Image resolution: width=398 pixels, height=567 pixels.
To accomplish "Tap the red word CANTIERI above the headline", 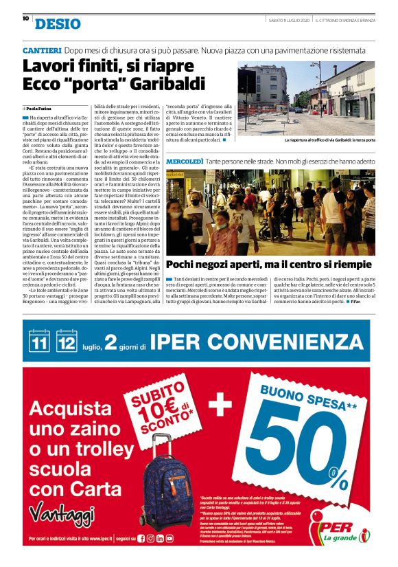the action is pyautogui.click(x=43, y=51).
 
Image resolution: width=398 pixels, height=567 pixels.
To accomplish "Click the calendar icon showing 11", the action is pyautogui.click(x=39, y=340).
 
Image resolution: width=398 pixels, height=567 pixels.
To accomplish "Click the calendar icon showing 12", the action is pyautogui.click(x=67, y=340).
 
